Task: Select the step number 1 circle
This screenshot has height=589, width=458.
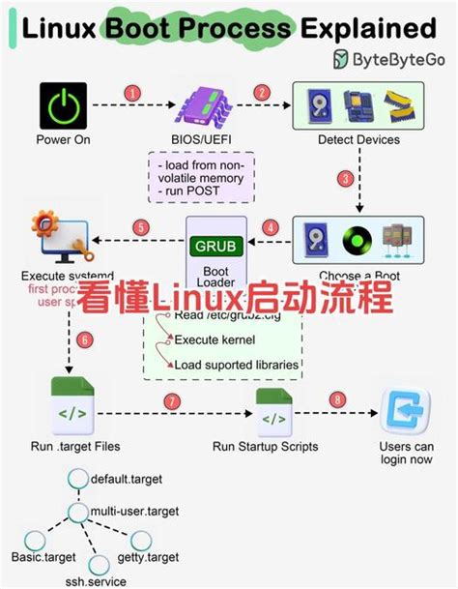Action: [132, 93]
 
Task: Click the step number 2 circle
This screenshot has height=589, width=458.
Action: [260, 93]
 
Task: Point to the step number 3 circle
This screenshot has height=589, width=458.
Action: [370, 179]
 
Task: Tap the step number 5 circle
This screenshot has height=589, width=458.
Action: [142, 228]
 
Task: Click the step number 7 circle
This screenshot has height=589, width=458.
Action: [173, 399]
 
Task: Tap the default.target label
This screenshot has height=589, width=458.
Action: [129, 479]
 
